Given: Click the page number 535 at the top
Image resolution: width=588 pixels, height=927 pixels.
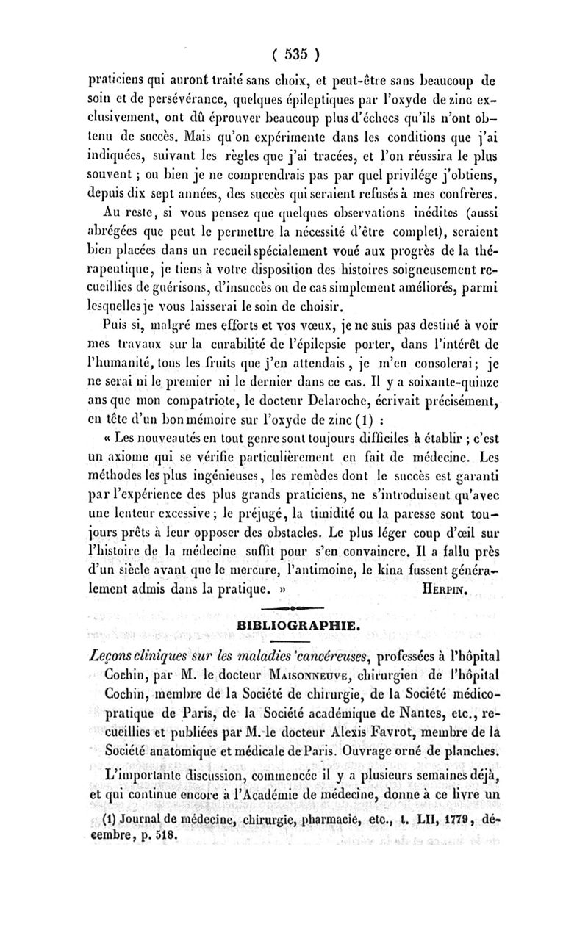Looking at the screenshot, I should coord(294,54).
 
